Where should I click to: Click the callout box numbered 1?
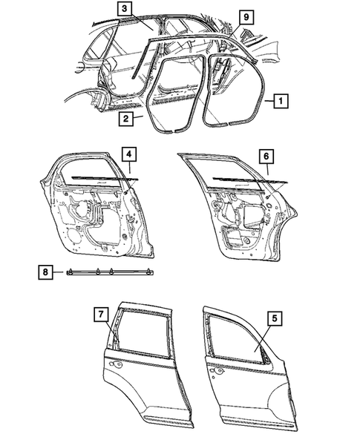(280, 99)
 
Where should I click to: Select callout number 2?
(126, 117)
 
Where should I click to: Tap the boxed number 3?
(125, 9)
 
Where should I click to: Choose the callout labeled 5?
(275, 319)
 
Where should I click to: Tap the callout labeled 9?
(245, 16)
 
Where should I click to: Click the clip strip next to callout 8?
(111, 273)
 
